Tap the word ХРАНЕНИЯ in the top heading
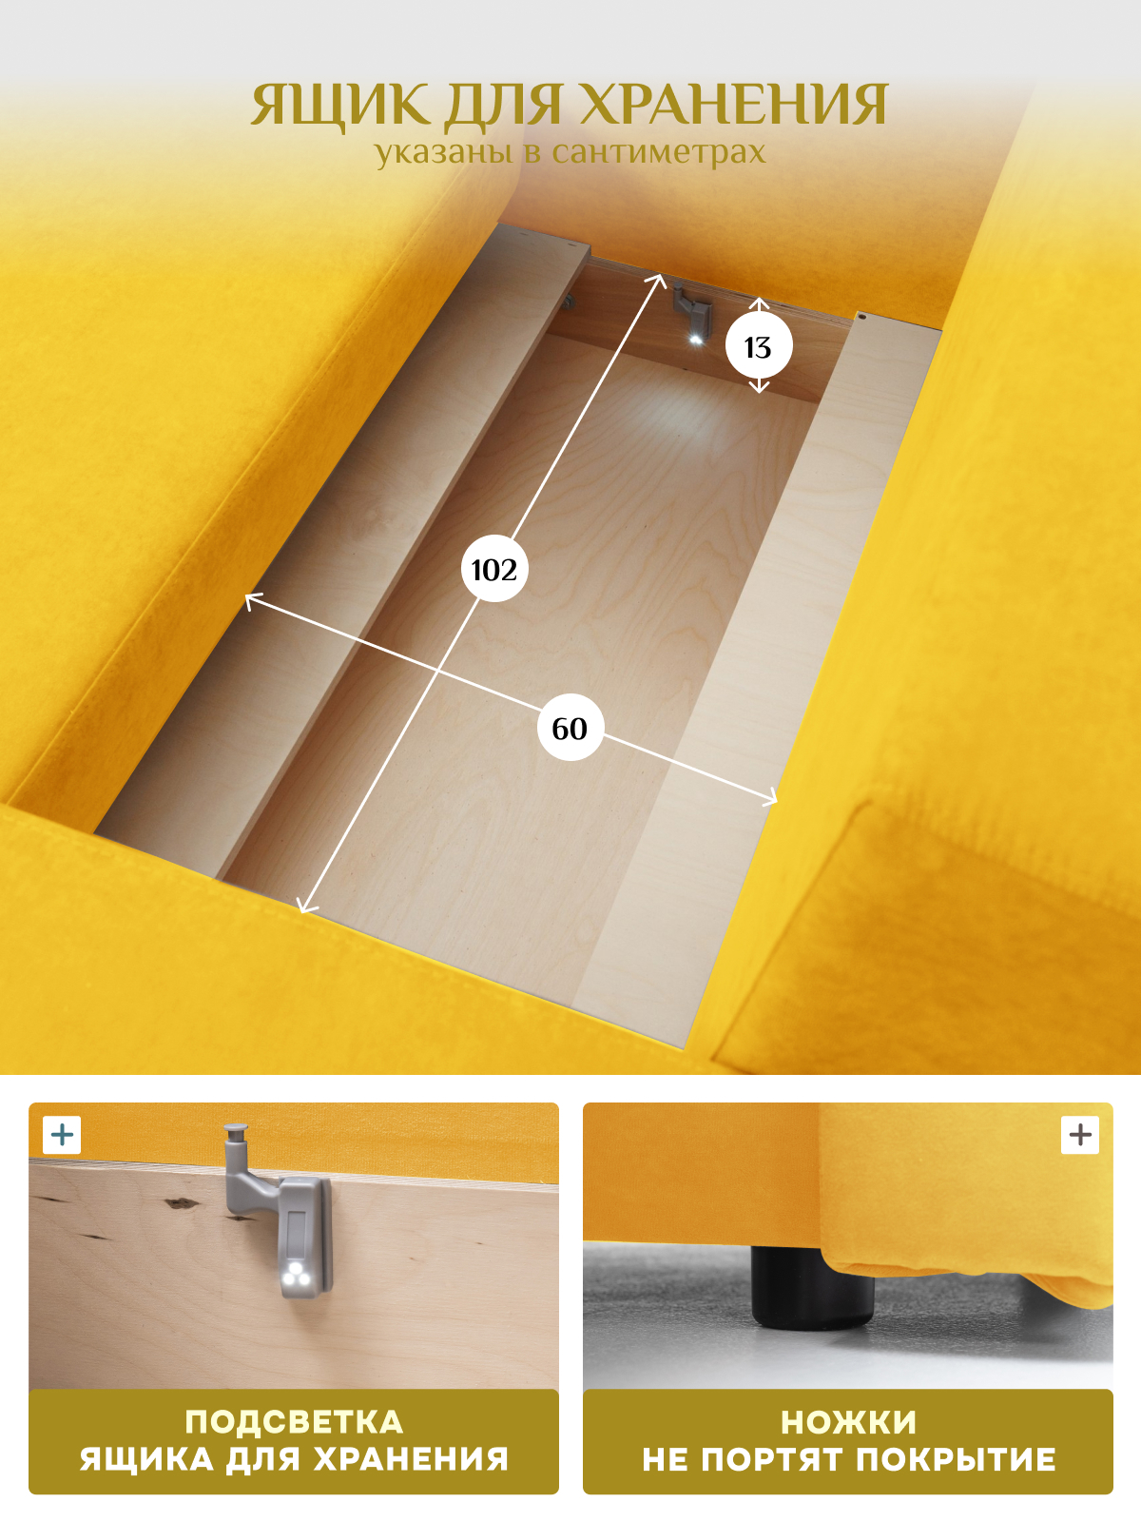tap(733, 105)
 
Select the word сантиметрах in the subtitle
tap(659, 152)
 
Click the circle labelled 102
tap(493, 569)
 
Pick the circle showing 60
tap(570, 728)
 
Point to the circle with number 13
tap(759, 346)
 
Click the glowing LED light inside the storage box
tap(696, 340)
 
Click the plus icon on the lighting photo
tap(62, 1135)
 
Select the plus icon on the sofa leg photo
tap(1079, 1135)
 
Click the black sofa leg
tap(812, 1287)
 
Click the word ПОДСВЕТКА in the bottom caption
tap(294, 1422)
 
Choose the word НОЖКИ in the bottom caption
tap(848, 1423)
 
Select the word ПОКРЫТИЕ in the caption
tap(956, 1460)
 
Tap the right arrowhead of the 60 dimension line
tap(772, 800)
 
